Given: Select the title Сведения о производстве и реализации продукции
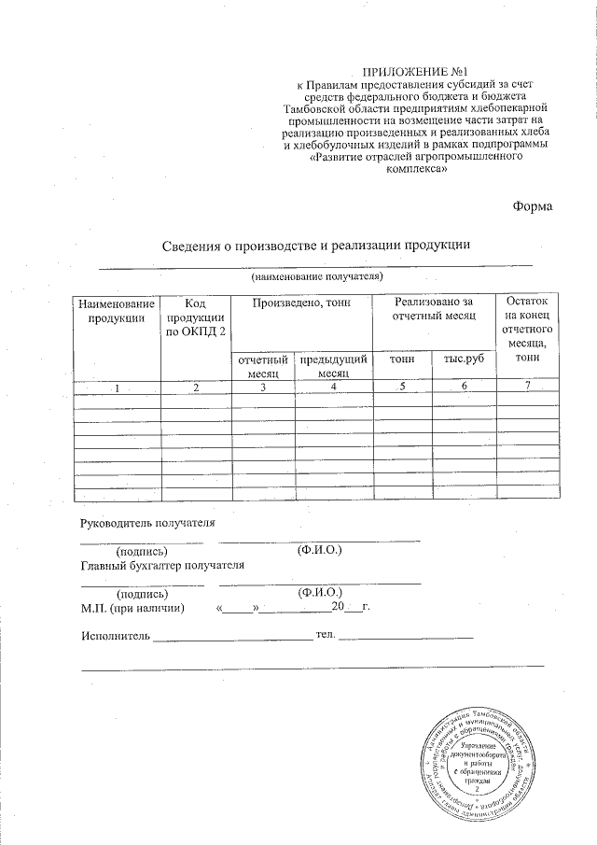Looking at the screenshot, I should coord(314,246).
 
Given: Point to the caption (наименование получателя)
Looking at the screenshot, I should coord(315,277).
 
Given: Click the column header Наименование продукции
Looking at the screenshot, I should coord(116,311).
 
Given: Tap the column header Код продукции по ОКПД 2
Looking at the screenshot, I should coord(195,317).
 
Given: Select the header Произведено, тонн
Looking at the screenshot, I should coord(301,303).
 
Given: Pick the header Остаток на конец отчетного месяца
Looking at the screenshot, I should coord(529,330).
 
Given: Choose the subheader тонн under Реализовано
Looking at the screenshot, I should coord(402,359).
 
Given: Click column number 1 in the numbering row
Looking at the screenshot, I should coord(117,387).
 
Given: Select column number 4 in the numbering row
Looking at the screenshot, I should coord(333,387).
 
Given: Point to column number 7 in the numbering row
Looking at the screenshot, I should coord(529,387).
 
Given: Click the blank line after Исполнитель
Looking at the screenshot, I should coord(231,639).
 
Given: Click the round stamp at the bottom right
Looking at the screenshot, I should coord(476,758).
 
